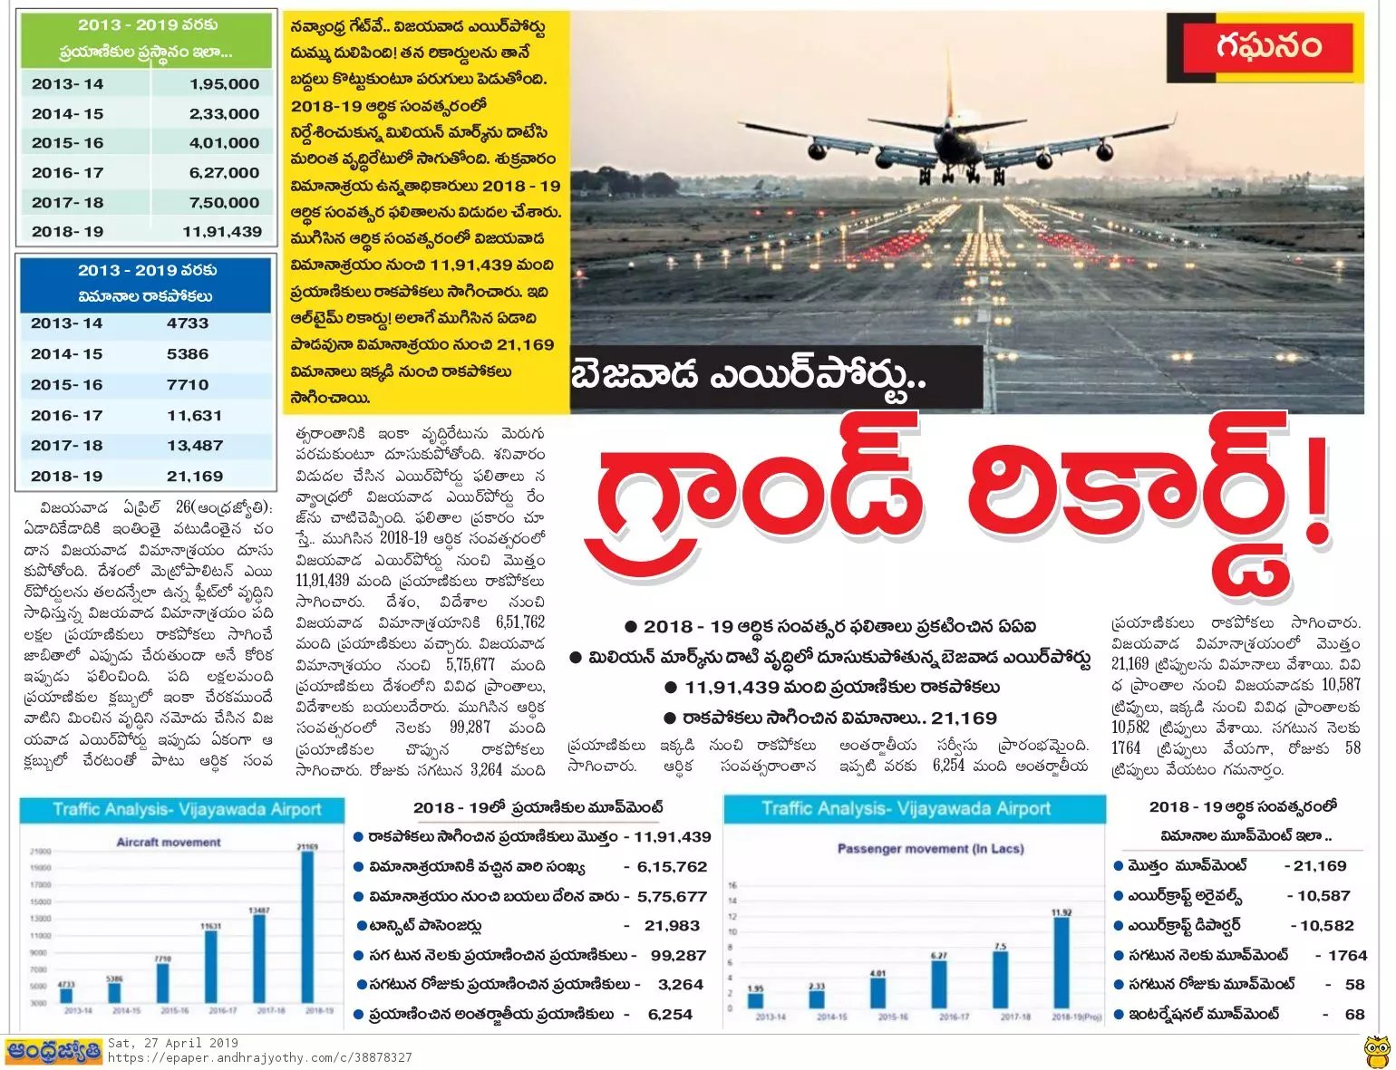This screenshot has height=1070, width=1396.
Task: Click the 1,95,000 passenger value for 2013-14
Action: tap(224, 84)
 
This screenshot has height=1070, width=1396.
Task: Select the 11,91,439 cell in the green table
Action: tap(222, 232)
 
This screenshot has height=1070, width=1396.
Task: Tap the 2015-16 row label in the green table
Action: tap(67, 143)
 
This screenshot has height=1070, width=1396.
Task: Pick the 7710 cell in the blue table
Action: tap(188, 385)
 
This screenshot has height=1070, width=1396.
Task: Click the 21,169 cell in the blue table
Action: tap(195, 477)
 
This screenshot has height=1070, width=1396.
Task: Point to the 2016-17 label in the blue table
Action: tap(67, 416)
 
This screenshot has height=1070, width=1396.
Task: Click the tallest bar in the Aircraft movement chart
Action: tap(307, 924)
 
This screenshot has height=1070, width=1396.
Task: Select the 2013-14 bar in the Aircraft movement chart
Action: tap(66, 994)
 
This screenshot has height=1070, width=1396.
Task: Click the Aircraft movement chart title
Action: tap(169, 843)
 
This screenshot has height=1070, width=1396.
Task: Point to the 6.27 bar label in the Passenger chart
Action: tap(939, 956)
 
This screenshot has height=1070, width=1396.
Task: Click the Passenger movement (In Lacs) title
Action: tap(930, 849)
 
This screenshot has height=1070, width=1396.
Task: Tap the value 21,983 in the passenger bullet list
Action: tap(672, 926)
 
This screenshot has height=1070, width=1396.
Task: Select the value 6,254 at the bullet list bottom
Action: tap(670, 1015)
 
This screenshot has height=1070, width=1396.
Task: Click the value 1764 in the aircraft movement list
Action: tap(1347, 956)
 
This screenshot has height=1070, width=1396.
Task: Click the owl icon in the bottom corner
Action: tap(1377, 1052)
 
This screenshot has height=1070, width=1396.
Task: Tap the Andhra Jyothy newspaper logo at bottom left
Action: tap(53, 1052)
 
